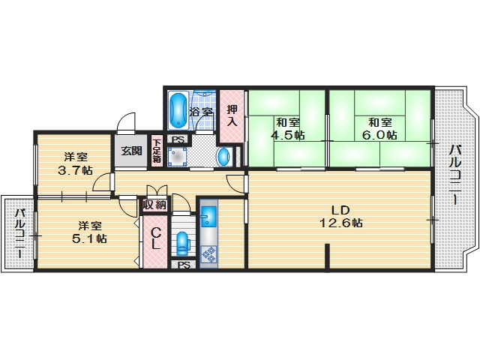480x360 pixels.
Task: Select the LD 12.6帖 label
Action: click(x=337, y=216)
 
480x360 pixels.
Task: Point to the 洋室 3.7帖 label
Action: click(x=76, y=163)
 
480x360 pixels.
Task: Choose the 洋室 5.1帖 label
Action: click(x=90, y=232)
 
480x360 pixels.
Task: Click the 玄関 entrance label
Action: click(x=130, y=151)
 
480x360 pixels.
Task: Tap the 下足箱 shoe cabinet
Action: click(x=157, y=150)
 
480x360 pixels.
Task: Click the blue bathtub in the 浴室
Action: click(x=178, y=110)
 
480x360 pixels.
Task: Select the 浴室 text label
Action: click(x=201, y=112)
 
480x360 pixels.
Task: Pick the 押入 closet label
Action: click(x=232, y=115)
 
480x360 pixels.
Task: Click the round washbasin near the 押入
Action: click(x=223, y=157)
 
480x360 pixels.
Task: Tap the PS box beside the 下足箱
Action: click(x=178, y=139)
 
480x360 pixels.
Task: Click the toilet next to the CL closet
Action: click(x=182, y=242)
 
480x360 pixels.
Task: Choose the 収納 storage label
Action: click(x=155, y=204)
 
